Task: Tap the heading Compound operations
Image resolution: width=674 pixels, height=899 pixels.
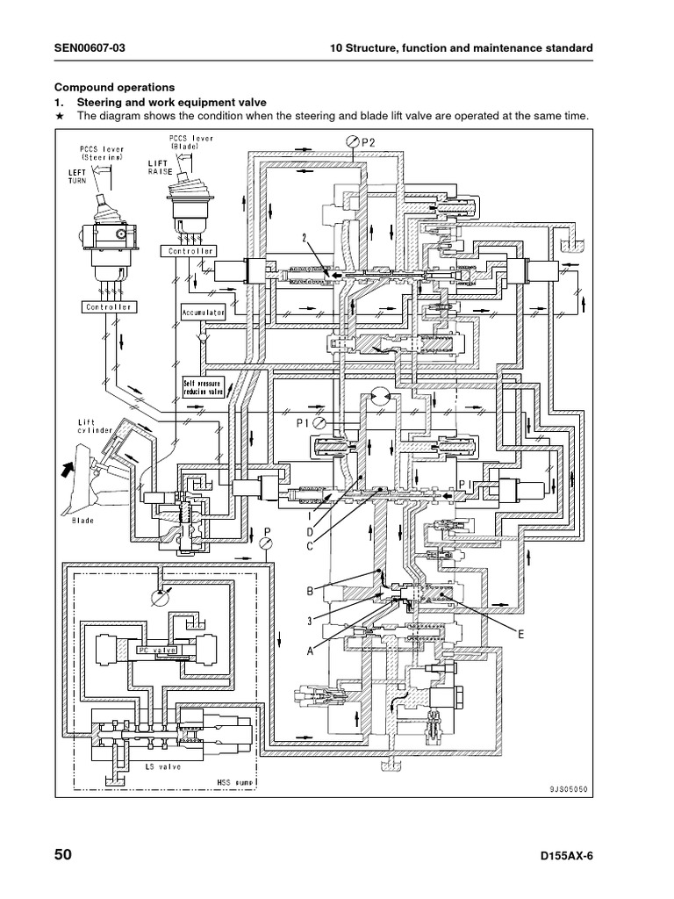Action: pos(115,87)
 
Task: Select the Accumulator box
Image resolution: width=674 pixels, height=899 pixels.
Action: pos(204,312)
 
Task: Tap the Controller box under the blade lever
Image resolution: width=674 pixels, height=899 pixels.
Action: pos(188,251)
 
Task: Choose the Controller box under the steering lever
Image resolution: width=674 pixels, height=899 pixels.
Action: pos(108,307)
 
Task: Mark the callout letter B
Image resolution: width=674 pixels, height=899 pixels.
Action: pos(310,592)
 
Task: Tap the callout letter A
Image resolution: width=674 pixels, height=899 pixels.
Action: pos(309,651)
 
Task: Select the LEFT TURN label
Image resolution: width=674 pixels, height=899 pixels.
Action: pos(81,176)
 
